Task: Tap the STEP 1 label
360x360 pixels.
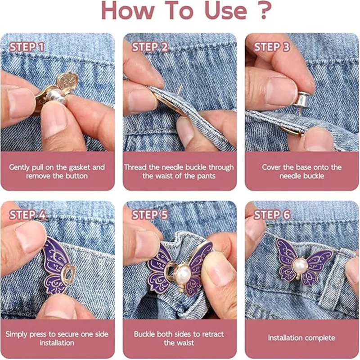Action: point(27,47)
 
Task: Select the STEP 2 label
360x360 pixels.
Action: point(150,47)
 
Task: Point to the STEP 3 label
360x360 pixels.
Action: point(272,47)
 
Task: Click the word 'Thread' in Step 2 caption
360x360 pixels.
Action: point(136,167)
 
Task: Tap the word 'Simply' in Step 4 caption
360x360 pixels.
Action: point(18,335)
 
